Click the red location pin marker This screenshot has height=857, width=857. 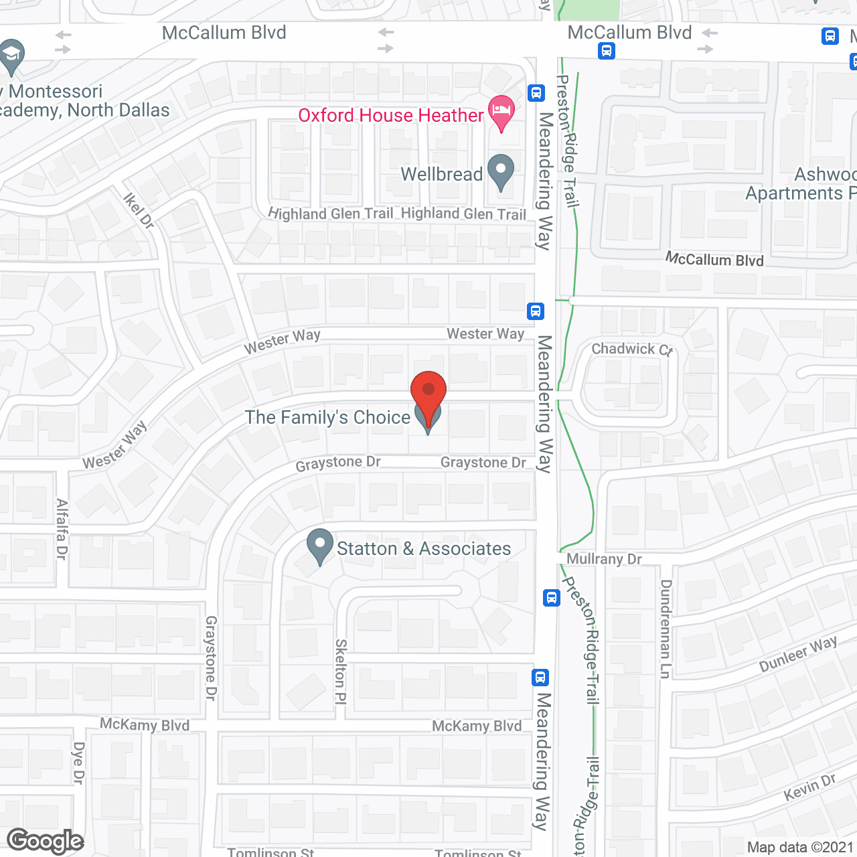point(428,392)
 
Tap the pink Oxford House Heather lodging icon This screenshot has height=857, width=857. point(501,111)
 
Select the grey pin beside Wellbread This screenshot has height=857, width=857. point(501,171)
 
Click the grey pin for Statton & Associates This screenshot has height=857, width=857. point(320,545)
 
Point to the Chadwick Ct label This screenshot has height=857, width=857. point(631,349)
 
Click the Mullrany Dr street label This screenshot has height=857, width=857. point(604,559)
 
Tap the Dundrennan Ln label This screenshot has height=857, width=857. point(666,629)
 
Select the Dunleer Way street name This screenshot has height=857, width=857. point(798,654)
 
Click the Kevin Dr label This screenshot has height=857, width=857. point(809,787)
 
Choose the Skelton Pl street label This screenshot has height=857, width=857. point(341,672)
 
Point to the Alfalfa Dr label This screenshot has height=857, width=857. point(62,529)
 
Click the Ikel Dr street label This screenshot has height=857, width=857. point(139,210)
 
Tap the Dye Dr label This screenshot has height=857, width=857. point(78,763)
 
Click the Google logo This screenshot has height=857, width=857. point(46,841)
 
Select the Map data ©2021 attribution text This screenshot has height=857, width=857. point(800,848)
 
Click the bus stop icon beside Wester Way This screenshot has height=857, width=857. point(535,311)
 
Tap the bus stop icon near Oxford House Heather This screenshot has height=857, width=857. point(536,93)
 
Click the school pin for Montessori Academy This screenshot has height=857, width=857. point(11,55)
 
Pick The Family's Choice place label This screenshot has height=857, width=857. point(327,418)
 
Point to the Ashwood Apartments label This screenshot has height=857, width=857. point(800,184)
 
